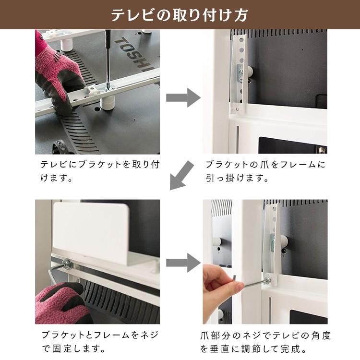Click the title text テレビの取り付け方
(180, 15)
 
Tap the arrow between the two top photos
(183, 97)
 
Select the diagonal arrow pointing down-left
(181, 175)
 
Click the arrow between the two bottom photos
(183, 263)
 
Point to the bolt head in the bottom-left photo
(67, 264)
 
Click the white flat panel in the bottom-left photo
(91, 232)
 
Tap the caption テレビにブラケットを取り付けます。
(99, 171)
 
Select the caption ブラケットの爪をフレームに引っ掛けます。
(265, 171)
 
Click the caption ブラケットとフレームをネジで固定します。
(100, 342)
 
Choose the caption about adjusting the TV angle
(265, 342)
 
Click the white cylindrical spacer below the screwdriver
(108, 102)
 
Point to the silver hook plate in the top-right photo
(240, 73)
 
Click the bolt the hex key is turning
(267, 281)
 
